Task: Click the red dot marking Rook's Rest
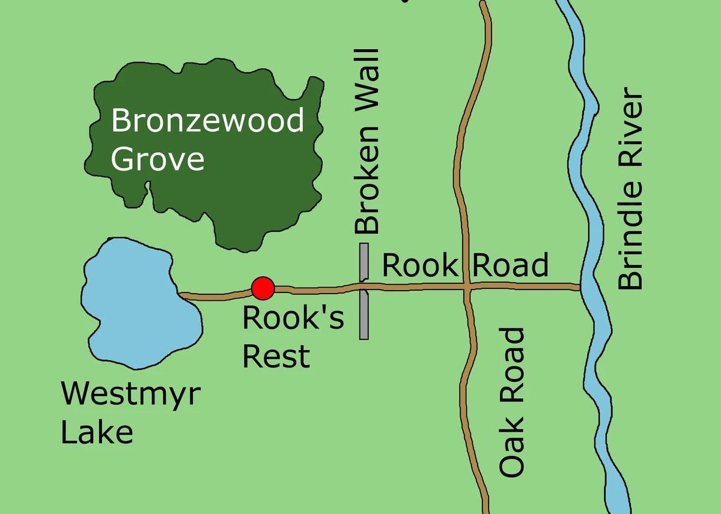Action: pyautogui.click(x=263, y=289)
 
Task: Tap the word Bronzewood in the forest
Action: pyautogui.click(x=208, y=121)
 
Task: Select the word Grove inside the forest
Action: pyautogui.click(x=158, y=160)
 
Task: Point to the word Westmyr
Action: pyautogui.click(x=131, y=395)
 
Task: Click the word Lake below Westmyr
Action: pyautogui.click(x=97, y=432)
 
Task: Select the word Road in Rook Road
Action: pyautogui.click(x=510, y=265)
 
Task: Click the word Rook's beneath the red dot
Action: pyautogui.click(x=293, y=318)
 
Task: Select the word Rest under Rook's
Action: pyautogui.click(x=276, y=355)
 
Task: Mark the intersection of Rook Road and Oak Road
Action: pyautogui.click(x=467, y=287)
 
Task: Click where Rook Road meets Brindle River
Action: pyautogui.click(x=582, y=288)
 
